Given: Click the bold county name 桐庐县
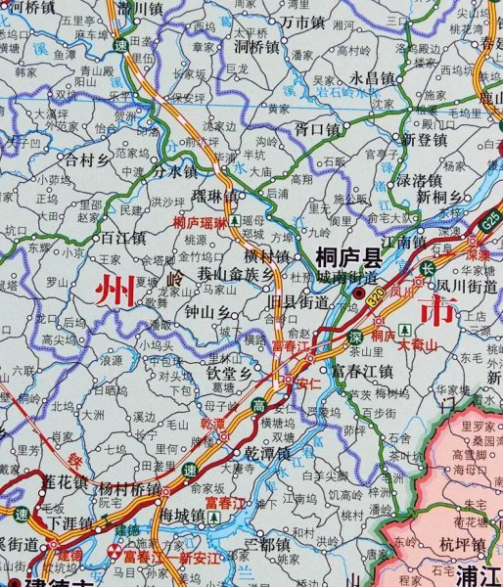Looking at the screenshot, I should (348, 258).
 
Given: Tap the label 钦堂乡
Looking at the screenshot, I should (228, 373).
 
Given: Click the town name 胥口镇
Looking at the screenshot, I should (317, 128).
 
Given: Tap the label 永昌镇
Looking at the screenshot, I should (372, 77).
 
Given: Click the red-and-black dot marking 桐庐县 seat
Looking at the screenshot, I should (360, 293).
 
